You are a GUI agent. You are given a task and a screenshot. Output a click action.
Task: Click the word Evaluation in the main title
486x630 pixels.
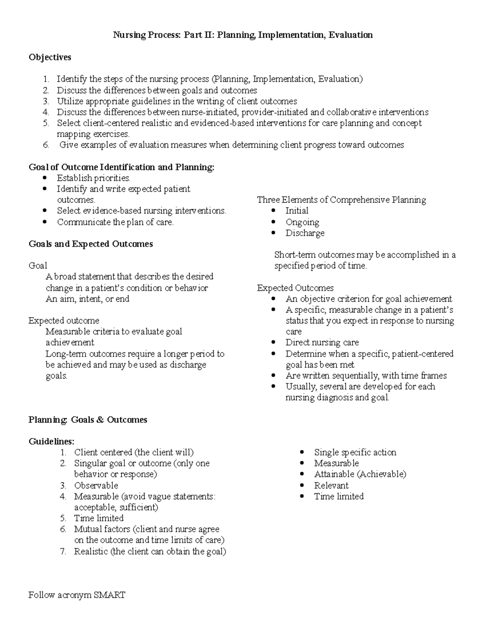pyautogui.click(x=350, y=35)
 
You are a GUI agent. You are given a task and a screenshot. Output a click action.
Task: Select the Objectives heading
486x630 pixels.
pyautogui.click(x=50, y=57)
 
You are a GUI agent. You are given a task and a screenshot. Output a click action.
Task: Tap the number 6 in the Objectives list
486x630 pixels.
pyautogui.click(x=46, y=145)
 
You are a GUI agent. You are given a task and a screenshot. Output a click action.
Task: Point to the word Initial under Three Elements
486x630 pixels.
pyautogui.click(x=297, y=211)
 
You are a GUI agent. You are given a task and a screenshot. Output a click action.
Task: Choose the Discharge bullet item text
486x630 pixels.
pyautogui.click(x=305, y=233)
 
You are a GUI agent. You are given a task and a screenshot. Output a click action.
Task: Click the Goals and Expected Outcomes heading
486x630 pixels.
pyautogui.click(x=91, y=244)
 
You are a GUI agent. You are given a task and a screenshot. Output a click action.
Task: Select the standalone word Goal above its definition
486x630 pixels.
pyautogui.click(x=38, y=266)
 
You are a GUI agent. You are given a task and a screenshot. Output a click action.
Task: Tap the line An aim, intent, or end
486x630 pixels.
pyautogui.click(x=87, y=299)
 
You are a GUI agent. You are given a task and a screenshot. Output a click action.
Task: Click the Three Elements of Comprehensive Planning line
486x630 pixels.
pyautogui.click(x=341, y=200)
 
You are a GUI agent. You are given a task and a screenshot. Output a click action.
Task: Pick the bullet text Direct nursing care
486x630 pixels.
pyautogui.click(x=322, y=343)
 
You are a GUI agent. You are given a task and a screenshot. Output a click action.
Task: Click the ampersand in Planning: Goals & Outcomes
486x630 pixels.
pyautogui.click(x=100, y=420)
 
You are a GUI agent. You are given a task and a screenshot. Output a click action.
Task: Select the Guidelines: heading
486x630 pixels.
pyautogui.click(x=51, y=441)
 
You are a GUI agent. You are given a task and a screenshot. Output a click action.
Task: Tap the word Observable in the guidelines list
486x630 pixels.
pyautogui.click(x=96, y=486)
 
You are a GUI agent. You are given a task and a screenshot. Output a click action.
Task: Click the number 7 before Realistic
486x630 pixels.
pyautogui.click(x=63, y=552)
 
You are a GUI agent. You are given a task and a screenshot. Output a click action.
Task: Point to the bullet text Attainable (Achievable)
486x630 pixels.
pyautogui.click(x=360, y=474)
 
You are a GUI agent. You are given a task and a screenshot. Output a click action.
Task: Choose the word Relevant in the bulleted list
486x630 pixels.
pyautogui.click(x=331, y=486)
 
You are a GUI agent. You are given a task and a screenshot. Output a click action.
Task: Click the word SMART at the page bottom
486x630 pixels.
pyautogui.click(x=109, y=596)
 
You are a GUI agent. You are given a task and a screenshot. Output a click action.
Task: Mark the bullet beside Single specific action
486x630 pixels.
pyautogui.click(x=302, y=452)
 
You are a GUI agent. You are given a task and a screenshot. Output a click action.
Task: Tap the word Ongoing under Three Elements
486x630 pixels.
pyautogui.click(x=302, y=222)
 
